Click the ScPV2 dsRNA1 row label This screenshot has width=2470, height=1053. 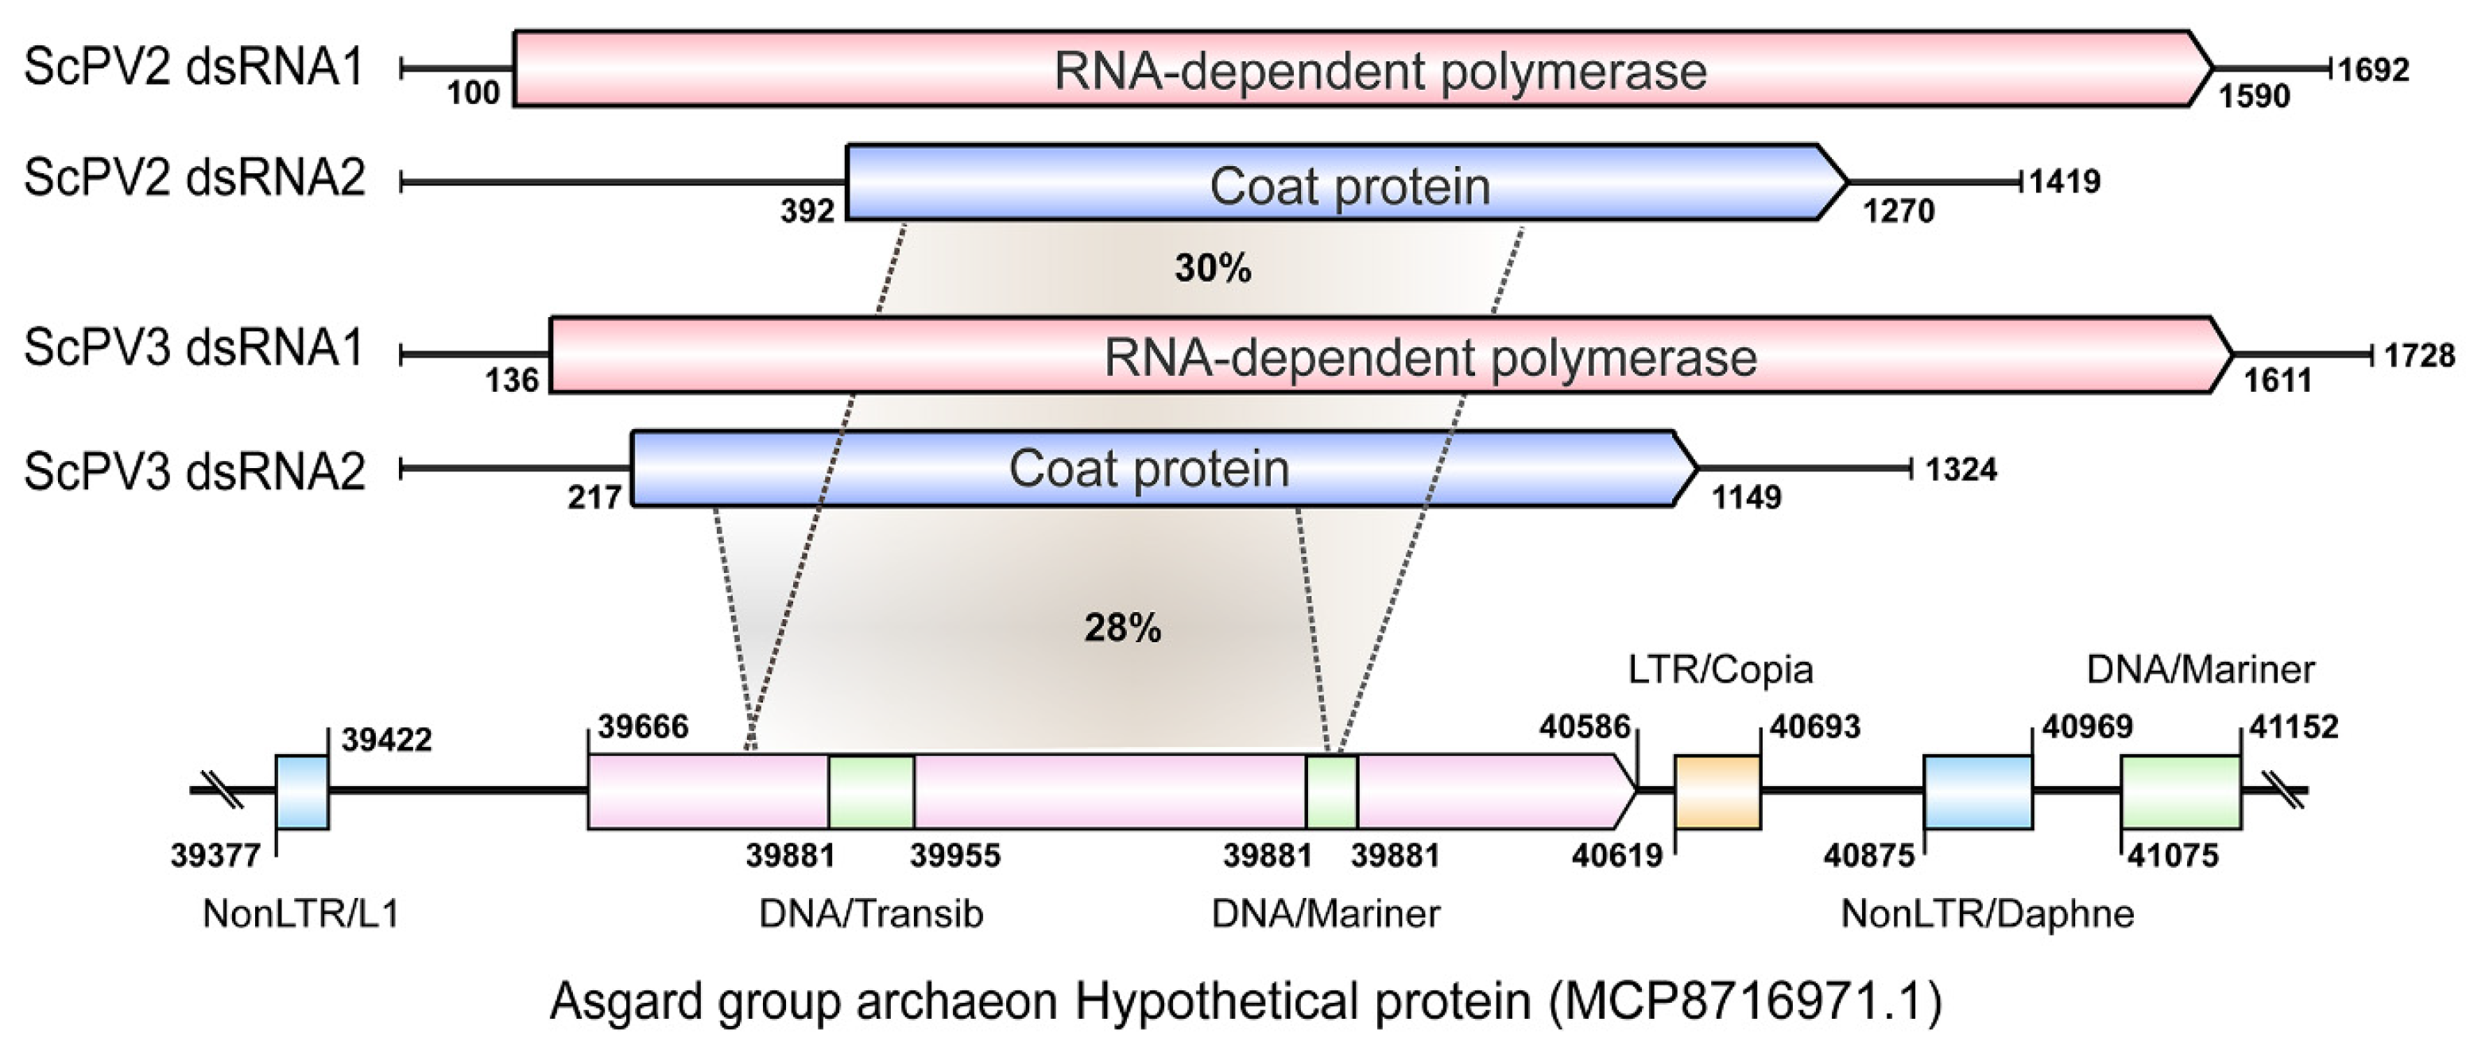(x=195, y=68)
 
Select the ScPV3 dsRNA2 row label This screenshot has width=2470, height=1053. (x=195, y=471)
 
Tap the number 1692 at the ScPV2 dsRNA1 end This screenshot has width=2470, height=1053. (x=2373, y=69)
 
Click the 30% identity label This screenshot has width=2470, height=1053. (x=1213, y=269)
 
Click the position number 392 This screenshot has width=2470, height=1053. (x=807, y=211)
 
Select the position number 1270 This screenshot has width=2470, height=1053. (x=1899, y=211)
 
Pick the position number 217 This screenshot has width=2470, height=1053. (x=595, y=497)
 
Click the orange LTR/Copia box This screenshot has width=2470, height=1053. (x=1717, y=792)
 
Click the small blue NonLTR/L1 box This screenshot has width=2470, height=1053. (x=302, y=792)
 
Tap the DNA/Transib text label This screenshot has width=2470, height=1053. (x=871, y=914)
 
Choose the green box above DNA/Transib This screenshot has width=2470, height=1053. (x=871, y=792)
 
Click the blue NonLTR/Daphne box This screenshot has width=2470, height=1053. (x=1978, y=792)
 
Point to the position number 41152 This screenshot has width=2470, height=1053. (x=2294, y=727)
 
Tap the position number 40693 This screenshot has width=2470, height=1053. (x=1815, y=727)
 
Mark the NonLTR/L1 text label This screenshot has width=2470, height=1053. (x=301, y=914)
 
